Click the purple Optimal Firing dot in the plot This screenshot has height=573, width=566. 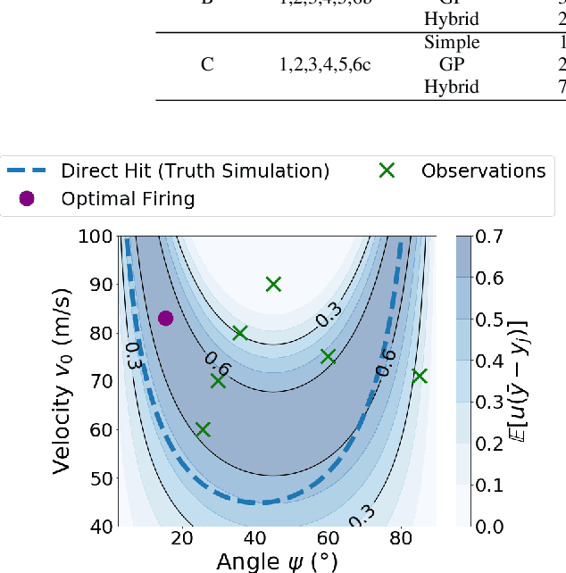165,318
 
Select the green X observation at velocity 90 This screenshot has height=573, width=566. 273,284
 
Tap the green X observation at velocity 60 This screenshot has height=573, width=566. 203,429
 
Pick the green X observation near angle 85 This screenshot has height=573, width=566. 419,377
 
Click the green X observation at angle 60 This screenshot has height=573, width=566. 328,356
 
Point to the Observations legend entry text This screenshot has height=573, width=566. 483,170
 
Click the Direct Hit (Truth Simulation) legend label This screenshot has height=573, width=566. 195,170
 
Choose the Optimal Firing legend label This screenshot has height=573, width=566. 128,198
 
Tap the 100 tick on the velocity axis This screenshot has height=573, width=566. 94,237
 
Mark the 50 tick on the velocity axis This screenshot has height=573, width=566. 98,478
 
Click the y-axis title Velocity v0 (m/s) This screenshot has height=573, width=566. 63,382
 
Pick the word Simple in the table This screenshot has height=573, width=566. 452,42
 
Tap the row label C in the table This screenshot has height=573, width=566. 206,64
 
